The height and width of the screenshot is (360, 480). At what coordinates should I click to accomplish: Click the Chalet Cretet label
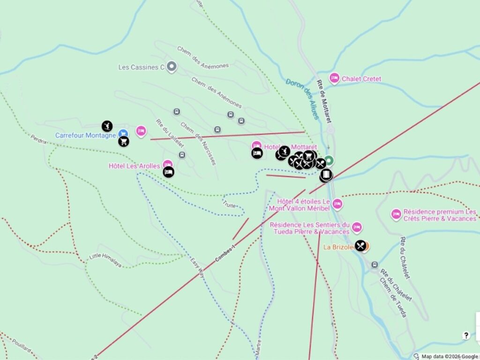(361, 79)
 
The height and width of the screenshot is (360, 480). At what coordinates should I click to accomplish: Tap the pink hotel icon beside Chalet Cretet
(334, 78)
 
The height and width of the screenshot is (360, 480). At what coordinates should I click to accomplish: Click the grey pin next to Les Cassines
(172, 67)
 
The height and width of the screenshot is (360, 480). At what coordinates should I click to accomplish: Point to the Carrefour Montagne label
(85, 135)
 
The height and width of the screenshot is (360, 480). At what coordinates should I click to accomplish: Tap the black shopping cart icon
(124, 141)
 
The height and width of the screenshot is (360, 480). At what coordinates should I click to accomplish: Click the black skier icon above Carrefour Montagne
(107, 126)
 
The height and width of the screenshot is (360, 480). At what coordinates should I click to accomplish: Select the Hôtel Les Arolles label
(134, 166)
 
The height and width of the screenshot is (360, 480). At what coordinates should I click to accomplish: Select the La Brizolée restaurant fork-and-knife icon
(360, 246)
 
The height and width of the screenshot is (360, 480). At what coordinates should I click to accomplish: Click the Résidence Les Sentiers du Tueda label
(309, 228)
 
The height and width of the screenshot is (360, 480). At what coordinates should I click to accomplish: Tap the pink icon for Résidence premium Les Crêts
(396, 214)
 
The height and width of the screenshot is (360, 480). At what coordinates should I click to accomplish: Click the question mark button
(466, 335)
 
